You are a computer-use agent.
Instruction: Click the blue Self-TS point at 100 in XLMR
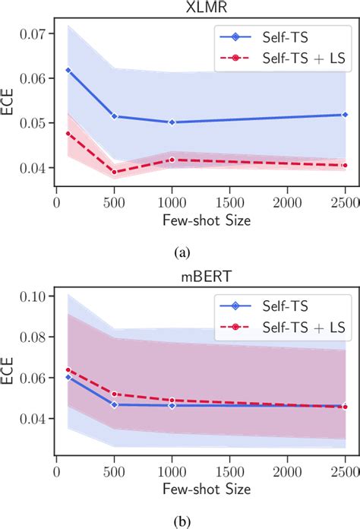coord(68,71)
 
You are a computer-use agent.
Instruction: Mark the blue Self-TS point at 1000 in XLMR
coord(172,122)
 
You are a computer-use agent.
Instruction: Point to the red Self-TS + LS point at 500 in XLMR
coord(115,172)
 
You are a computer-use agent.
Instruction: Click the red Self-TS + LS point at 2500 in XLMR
coord(345,165)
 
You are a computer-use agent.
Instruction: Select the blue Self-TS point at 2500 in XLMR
coord(345,115)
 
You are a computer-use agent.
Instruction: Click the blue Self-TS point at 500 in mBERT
coord(115,404)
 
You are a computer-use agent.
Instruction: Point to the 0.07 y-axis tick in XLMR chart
coord(36,34)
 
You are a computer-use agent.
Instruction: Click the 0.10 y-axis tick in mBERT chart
coord(36,296)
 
